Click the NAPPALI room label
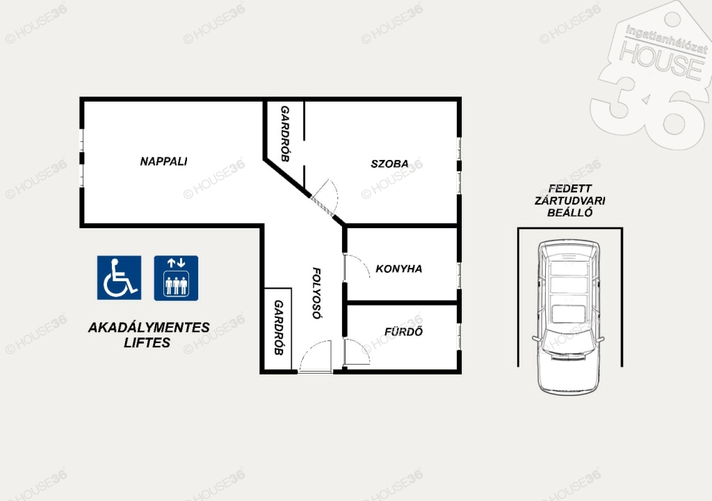tap(163, 161)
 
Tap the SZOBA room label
tap(389, 164)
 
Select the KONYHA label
tap(398, 269)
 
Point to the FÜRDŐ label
tap(403, 331)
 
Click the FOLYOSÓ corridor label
tap(316, 293)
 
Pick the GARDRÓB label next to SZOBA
tap(284, 134)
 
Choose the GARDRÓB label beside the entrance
tap(278, 328)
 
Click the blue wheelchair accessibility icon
tap(119, 278)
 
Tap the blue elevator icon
tap(176, 278)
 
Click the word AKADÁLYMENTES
tap(149, 327)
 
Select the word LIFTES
tap(147, 343)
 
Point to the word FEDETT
tap(570, 188)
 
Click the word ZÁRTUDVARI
tap(570, 200)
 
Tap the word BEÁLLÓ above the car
tap(570, 213)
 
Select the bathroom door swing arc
tap(362, 348)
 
